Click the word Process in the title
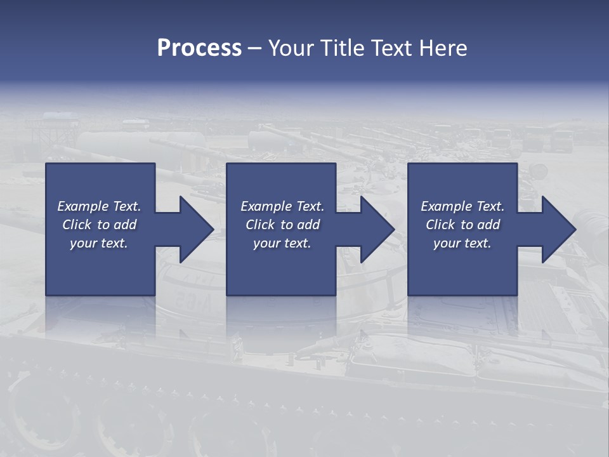click(199, 48)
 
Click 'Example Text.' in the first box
click(99, 206)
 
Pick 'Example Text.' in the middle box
click(282, 206)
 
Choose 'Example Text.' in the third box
click(462, 206)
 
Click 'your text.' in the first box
click(99, 243)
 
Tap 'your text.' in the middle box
click(282, 243)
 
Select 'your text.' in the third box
click(462, 243)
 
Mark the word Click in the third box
click(441, 225)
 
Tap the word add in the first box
click(126, 225)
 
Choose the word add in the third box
click(489, 225)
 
